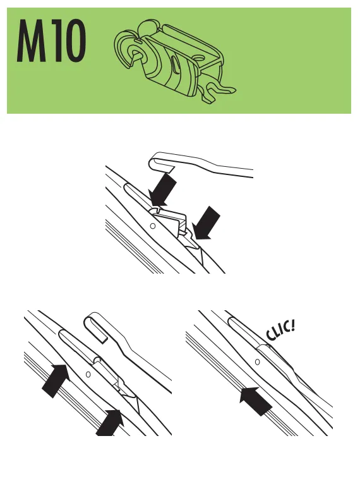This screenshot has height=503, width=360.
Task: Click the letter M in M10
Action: coord(31,40)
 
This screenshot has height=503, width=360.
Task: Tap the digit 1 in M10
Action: coord(54,40)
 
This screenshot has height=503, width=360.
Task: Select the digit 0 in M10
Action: coord(74,40)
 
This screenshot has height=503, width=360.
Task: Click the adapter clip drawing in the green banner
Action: coord(175,61)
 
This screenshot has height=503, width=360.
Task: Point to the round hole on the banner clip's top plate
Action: coord(199,58)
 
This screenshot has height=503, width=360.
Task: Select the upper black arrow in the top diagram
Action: coord(162,190)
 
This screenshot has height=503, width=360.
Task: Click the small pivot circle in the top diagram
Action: coord(153,226)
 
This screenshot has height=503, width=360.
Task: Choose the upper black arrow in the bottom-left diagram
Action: coord(55,380)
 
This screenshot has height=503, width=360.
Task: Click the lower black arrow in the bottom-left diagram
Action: coord(110,423)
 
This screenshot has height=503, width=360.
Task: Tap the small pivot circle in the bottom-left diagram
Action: coord(88,374)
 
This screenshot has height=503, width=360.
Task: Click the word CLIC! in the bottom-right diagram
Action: coord(280,330)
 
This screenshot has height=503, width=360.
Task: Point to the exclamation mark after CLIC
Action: coord(292,325)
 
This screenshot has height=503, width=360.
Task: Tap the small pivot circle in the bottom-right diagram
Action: coord(257,362)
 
